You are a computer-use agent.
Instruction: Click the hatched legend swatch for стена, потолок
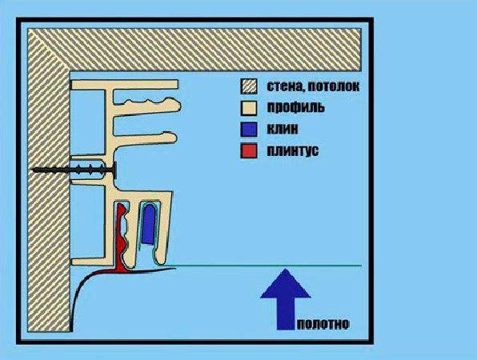[x=249, y=86]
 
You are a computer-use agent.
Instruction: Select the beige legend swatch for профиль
[x=249, y=108]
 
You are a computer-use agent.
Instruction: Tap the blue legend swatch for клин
[x=249, y=130]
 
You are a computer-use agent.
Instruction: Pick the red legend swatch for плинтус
[x=249, y=150]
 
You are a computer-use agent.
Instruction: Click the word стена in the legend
[x=285, y=87]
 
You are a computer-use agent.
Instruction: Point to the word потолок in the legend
[x=334, y=86]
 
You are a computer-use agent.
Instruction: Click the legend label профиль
[x=295, y=108]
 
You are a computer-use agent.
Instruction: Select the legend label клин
[x=283, y=130]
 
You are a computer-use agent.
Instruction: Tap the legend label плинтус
[x=293, y=151]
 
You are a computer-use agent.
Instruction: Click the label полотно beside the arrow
[x=323, y=325]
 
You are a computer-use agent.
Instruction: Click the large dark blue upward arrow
[x=286, y=299]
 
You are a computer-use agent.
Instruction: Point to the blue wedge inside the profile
[x=149, y=224]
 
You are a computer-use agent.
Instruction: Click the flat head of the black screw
[x=115, y=170]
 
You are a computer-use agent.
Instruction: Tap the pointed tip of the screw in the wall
[x=33, y=170]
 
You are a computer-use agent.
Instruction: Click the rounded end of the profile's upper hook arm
[x=176, y=105]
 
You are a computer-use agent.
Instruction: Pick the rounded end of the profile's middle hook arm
[x=172, y=138]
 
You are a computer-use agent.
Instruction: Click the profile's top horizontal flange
[x=124, y=85]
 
